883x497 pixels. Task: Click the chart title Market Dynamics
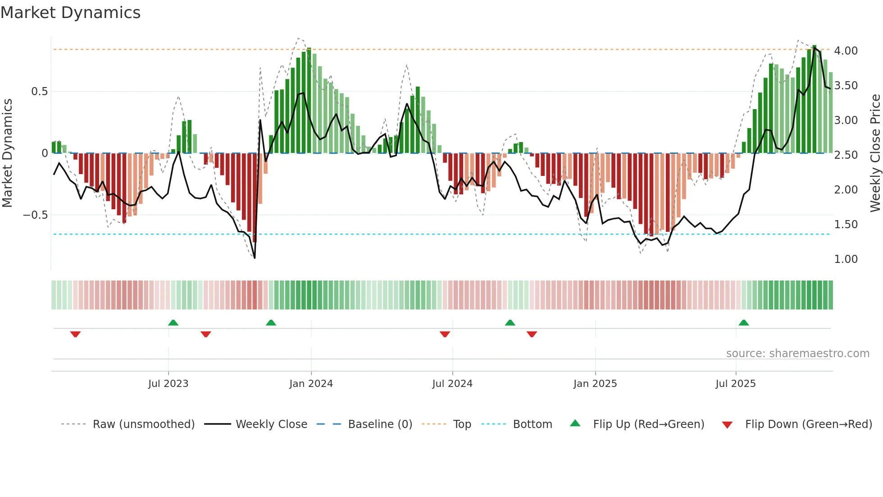tap(70, 13)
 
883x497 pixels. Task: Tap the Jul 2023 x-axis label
tap(168, 384)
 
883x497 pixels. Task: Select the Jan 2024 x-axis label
tap(311, 384)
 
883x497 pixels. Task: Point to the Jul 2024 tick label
tap(452, 384)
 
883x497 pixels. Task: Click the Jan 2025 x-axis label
tap(595, 384)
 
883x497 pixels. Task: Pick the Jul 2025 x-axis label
tap(736, 384)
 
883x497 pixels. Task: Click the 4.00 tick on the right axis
tap(846, 51)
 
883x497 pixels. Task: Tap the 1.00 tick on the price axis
tap(846, 259)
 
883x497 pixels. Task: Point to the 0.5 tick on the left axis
tap(39, 92)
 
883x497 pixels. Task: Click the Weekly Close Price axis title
tap(875, 153)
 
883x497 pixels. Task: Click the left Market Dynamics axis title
tap(7, 153)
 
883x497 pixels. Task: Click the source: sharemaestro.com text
tap(797, 354)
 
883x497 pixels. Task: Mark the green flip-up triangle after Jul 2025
tap(744, 323)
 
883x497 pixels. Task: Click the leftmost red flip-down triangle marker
tap(75, 334)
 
